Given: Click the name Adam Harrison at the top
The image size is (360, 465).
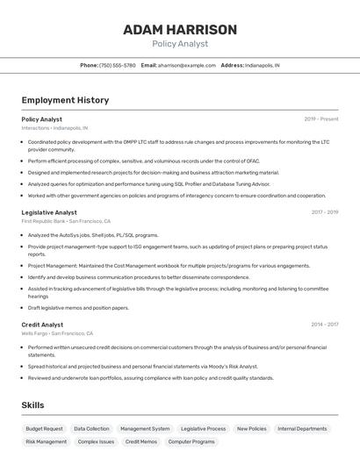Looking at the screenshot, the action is (180, 30).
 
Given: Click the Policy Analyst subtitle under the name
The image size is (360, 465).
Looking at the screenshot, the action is (180, 44).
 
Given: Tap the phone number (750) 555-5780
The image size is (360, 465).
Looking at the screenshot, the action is (118, 65).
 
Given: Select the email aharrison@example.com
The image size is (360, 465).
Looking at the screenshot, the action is (186, 65).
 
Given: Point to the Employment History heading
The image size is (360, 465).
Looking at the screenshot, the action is (65, 100).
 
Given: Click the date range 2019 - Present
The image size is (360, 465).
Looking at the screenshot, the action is (321, 119).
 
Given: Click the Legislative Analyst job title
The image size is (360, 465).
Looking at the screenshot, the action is (49, 212).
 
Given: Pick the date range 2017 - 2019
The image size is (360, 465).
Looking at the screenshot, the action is (324, 212).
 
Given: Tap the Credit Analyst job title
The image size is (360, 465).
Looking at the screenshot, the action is (42, 325).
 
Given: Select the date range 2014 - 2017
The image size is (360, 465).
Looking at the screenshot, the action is (324, 325).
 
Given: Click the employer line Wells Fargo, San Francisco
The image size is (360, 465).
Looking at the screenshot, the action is (57, 333).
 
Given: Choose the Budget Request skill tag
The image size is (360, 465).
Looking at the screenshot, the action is (44, 429).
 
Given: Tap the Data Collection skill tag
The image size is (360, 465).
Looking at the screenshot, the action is (91, 429).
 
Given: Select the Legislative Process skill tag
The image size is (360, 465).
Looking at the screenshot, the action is (203, 429).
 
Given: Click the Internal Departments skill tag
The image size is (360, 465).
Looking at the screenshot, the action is (302, 429).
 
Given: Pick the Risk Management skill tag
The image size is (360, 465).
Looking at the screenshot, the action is (47, 442).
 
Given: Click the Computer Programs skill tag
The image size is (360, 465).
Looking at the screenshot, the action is (191, 442).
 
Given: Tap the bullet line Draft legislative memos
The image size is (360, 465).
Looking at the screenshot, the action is (78, 308).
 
